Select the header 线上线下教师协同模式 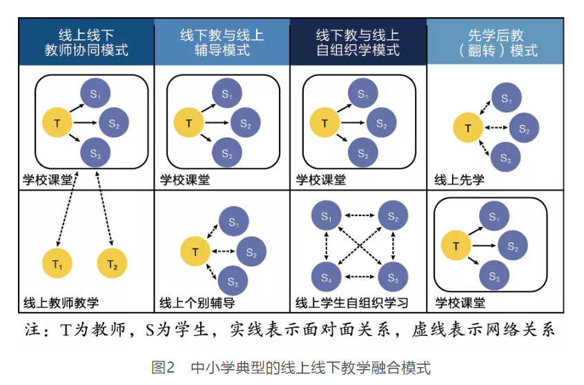[86, 42]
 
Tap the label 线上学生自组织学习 [352, 302]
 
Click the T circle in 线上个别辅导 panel [195, 252]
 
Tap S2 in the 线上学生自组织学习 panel [393, 218]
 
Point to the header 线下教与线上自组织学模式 [358, 42]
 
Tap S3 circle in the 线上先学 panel [505, 159]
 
